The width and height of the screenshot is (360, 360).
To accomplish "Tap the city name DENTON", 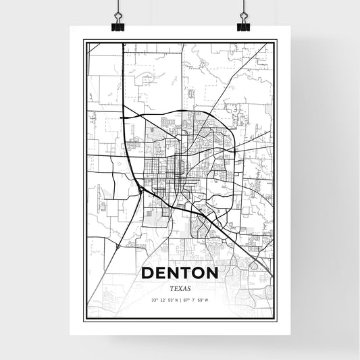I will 180,273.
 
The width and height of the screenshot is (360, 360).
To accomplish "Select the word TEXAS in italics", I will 180,287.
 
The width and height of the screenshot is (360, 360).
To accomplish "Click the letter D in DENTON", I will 148,273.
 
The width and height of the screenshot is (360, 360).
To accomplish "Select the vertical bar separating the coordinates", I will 180,300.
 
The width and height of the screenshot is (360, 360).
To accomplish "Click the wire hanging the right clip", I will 243,8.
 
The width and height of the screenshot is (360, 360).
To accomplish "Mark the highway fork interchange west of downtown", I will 140,191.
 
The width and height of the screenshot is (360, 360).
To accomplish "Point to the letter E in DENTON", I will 161,273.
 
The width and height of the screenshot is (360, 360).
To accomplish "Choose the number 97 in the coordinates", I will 186,300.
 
